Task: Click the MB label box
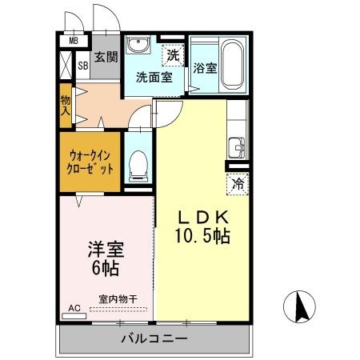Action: (73, 41)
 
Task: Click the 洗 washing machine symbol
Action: (174, 55)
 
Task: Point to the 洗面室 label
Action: (154, 78)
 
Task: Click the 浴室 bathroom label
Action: (205, 69)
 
